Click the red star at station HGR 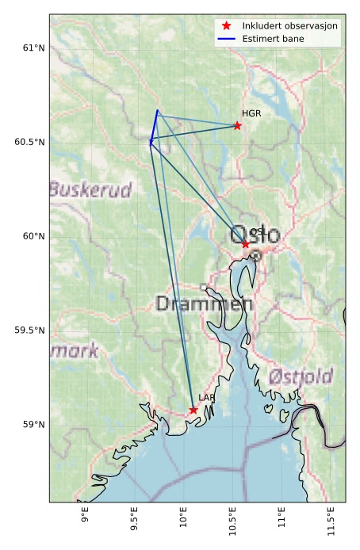[x=237, y=125]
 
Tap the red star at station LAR [x=193, y=410]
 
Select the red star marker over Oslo [x=246, y=244]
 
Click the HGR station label [x=251, y=114]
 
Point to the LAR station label [x=207, y=398]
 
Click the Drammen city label [x=205, y=304]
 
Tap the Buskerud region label [x=90, y=190]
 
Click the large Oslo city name [x=255, y=235]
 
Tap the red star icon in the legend [x=228, y=26]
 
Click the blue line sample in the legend [x=228, y=38]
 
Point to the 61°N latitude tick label [x=33, y=48]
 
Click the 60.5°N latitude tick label [x=31, y=142]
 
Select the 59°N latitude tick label [x=33, y=425]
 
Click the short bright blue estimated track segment [x=154, y=127]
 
